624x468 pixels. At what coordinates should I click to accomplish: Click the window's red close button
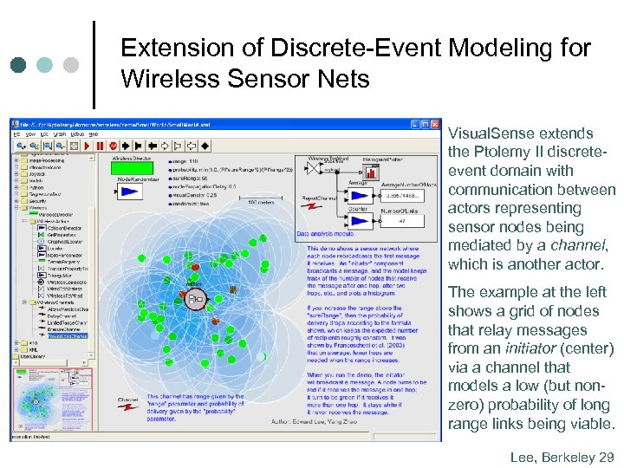[435, 124]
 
